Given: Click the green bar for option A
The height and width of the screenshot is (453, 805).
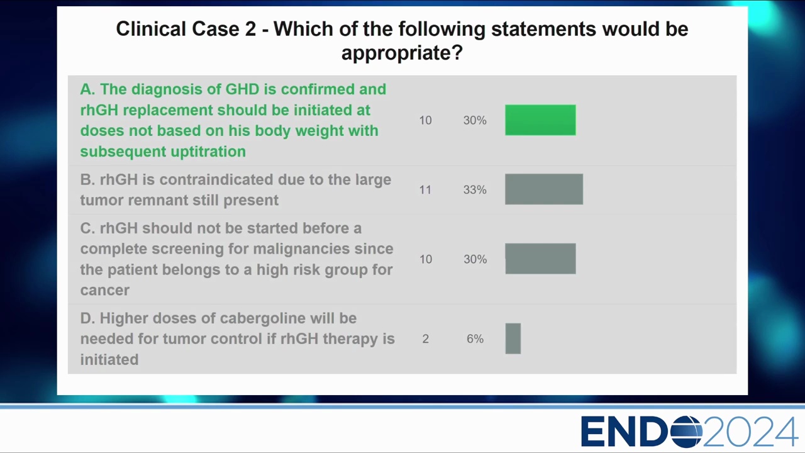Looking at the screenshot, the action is point(540,120).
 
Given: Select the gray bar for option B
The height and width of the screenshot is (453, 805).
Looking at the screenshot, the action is point(544,189).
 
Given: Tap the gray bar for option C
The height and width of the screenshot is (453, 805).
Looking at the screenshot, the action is point(540,259).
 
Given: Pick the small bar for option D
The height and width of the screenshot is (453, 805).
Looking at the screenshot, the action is point(513,338).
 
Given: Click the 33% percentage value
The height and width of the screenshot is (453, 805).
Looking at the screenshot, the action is point(475,189).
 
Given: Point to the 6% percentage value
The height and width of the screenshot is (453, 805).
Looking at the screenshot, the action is point(475,338).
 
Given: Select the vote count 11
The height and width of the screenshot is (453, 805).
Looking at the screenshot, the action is point(425,189).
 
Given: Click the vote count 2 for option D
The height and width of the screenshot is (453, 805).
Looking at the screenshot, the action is point(426,338).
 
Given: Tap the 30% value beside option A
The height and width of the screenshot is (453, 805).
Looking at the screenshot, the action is point(475,120).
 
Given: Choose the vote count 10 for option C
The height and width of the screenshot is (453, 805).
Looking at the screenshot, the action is point(426,259).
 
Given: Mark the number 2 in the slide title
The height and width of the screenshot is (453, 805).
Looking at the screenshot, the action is point(250,29).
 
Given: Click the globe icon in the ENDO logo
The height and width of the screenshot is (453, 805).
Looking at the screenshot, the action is point(687,432).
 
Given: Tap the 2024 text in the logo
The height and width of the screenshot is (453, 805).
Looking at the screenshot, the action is point(750,432).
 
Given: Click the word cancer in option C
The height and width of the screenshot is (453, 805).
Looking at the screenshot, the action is point(104,291).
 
